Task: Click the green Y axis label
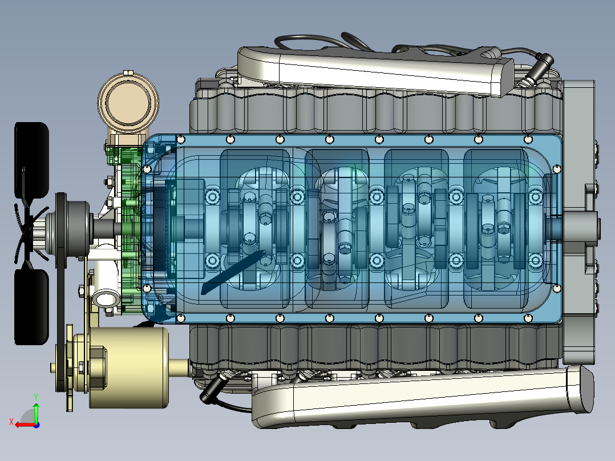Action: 36,397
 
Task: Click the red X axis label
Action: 11,422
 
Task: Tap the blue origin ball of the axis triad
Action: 37,425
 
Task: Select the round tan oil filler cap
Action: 128,102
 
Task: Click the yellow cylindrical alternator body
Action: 130,367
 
